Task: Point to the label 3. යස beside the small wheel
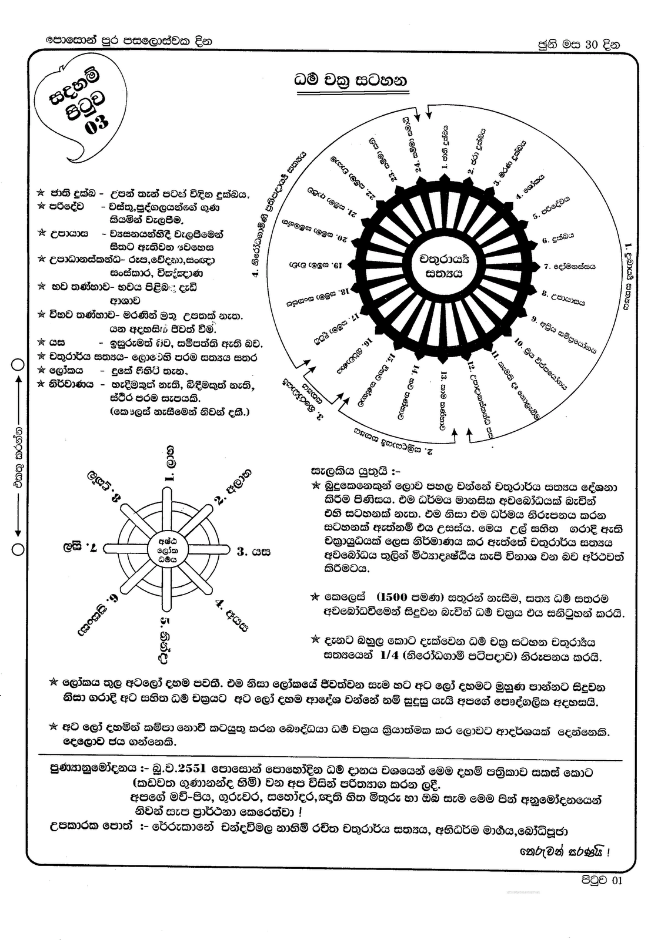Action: [253, 552]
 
